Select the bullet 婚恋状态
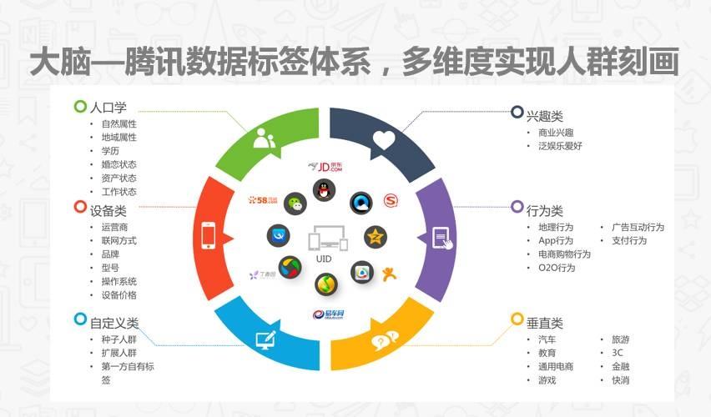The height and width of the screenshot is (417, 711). tap(118, 164)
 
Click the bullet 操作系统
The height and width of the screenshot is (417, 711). tap(118, 281)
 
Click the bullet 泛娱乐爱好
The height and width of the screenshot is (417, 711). tap(560, 146)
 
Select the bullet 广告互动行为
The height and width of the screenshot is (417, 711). tap(638, 227)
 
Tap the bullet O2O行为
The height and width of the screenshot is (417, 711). tap(557, 268)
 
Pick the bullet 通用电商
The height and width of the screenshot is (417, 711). tap(556, 366)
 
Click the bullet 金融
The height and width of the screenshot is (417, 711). tap(620, 366)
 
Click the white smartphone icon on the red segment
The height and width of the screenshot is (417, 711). tap(209, 237)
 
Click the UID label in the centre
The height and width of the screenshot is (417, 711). tap(324, 259)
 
